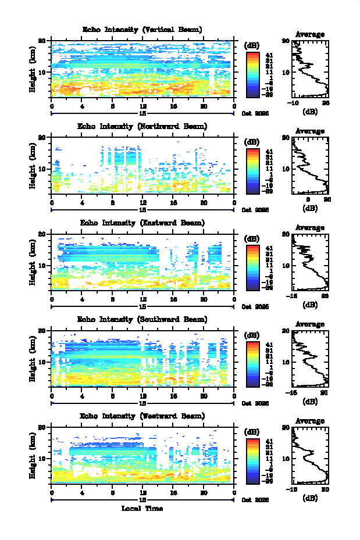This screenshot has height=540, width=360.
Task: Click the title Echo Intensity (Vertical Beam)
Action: click(142, 30)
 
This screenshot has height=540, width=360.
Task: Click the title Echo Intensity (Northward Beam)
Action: click(142, 126)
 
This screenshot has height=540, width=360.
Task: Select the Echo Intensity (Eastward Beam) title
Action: click(142, 223)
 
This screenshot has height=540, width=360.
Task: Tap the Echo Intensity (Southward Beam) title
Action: click(142, 319)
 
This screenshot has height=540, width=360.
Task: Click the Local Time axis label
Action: click(142, 509)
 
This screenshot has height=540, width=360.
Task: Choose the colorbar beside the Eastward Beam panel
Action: click(252, 267)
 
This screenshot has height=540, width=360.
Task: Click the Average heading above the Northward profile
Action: click(310, 131)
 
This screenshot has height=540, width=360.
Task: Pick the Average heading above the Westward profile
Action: click(310, 421)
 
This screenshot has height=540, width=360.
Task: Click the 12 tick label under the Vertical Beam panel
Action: click(142, 106)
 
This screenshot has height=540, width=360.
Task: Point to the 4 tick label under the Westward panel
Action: click(82, 492)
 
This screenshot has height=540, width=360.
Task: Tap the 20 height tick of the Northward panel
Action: click(42, 138)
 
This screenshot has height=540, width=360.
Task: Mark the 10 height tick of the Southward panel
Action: click(42, 362)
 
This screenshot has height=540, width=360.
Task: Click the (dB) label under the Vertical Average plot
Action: click(310, 110)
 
